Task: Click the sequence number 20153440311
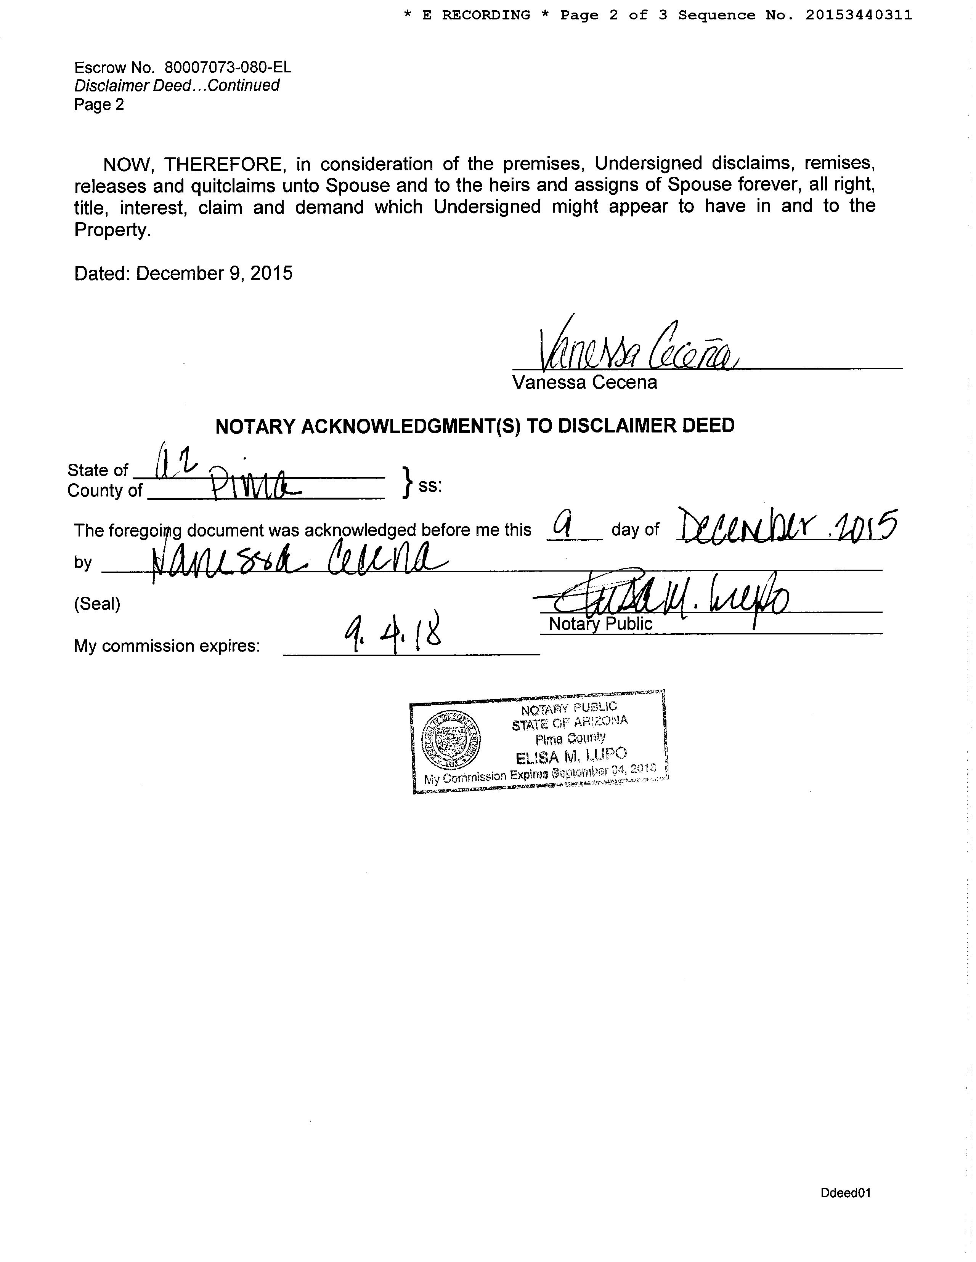pyautogui.click(x=859, y=16)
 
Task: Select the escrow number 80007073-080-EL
pyautogui.click(x=228, y=67)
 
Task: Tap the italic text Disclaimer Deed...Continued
pyautogui.click(x=177, y=85)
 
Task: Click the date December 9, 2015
pyautogui.click(x=214, y=273)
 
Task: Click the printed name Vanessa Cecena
pyautogui.click(x=584, y=383)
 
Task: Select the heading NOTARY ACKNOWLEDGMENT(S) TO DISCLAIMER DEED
pyautogui.click(x=475, y=426)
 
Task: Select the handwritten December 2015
pyautogui.click(x=787, y=526)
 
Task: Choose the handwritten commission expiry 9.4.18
pyautogui.click(x=393, y=633)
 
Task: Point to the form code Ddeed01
pyautogui.click(x=845, y=1193)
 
